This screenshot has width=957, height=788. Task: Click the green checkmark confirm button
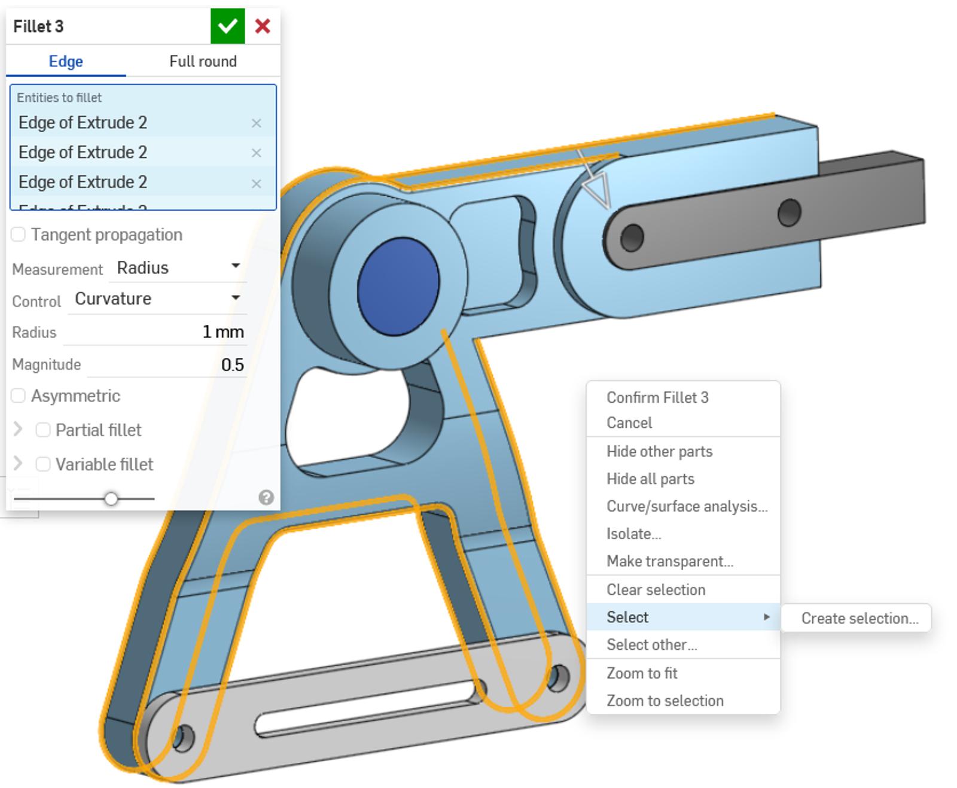click(227, 26)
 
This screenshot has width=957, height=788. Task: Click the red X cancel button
click(263, 26)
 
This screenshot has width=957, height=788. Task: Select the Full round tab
click(203, 62)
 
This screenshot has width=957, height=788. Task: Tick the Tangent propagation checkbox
click(19, 235)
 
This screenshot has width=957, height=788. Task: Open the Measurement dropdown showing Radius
click(178, 267)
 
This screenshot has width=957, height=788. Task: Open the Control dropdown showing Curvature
click(157, 299)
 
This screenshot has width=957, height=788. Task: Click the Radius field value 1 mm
click(223, 332)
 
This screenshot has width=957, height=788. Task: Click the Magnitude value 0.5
click(232, 365)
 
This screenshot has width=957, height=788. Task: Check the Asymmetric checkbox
click(19, 396)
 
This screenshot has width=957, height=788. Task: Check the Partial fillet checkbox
click(43, 430)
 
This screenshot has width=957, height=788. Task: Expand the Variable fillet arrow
click(18, 464)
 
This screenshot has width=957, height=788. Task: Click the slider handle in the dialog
click(111, 498)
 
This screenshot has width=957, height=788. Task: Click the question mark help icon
click(266, 497)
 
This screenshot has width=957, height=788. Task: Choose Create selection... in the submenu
click(859, 618)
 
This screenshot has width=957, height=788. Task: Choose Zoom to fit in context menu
click(642, 673)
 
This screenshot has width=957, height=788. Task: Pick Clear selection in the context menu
click(656, 589)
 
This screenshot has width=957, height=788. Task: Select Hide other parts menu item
click(659, 451)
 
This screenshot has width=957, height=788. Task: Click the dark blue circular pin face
click(398, 287)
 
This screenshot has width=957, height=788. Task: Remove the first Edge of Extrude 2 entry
click(257, 123)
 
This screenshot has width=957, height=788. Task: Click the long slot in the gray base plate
click(365, 710)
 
